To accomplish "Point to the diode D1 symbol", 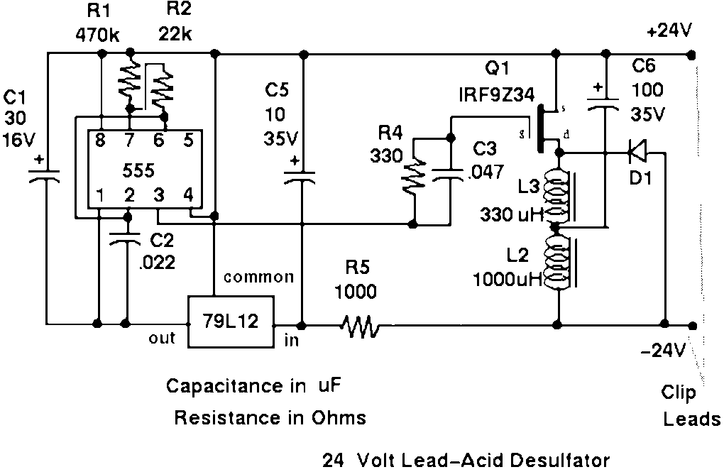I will point(637,150).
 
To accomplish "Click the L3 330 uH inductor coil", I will point(558,194).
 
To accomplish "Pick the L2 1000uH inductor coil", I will point(558,264).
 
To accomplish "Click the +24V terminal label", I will point(669,32).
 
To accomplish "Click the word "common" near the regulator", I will point(258,277).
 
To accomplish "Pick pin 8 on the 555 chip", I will point(101,141).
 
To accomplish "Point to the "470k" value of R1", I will point(97,34).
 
